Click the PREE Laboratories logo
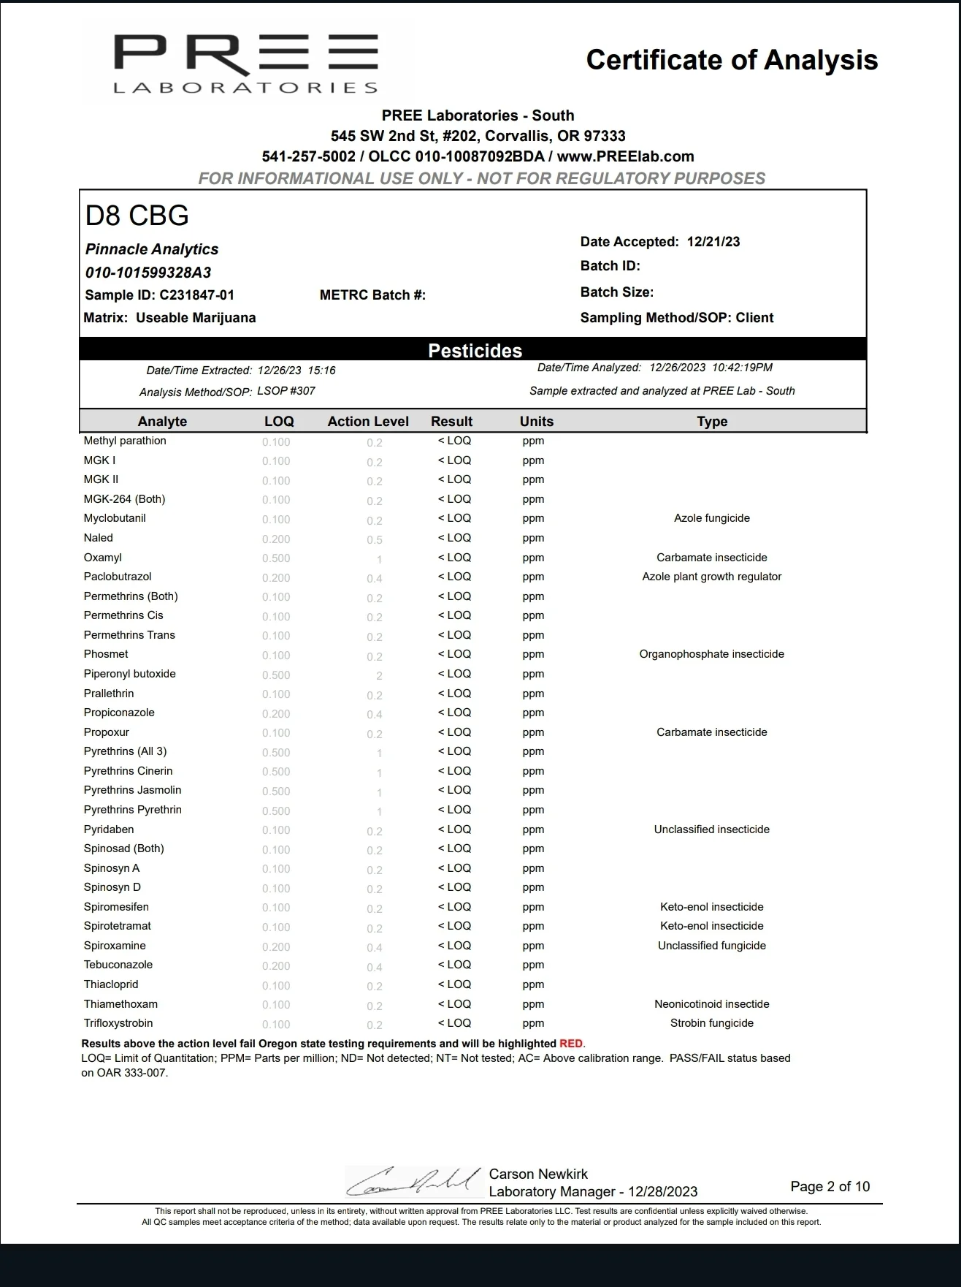pyautogui.click(x=245, y=64)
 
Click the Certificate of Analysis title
pyautogui.click(x=732, y=60)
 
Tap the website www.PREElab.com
pyautogui.click(x=625, y=156)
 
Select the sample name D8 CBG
pyautogui.click(x=137, y=216)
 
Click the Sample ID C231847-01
pyautogui.click(x=196, y=295)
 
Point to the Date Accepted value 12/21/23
pyautogui.click(x=713, y=242)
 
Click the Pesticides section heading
pyautogui.click(x=475, y=351)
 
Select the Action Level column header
pyautogui.click(x=368, y=422)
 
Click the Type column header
pyautogui.click(x=712, y=422)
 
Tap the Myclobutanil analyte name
pyautogui.click(x=115, y=518)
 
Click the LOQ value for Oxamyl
pyautogui.click(x=276, y=558)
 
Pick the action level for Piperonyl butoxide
pyautogui.click(x=379, y=675)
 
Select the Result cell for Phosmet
pyautogui.click(x=454, y=654)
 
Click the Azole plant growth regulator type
pyautogui.click(x=711, y=577)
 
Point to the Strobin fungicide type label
pyautogui.click(x=711, y=1023)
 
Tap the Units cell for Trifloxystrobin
pyautogui.click(x=533, y=1023)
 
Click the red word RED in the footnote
pyautogui.click(x=571, y=1044)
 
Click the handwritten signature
pyautogui.click(x=413, y=1181)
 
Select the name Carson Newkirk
pyautogui.click(x=538, y=1174)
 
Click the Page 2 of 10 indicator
pyautogui.click(x=830, y=1186)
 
